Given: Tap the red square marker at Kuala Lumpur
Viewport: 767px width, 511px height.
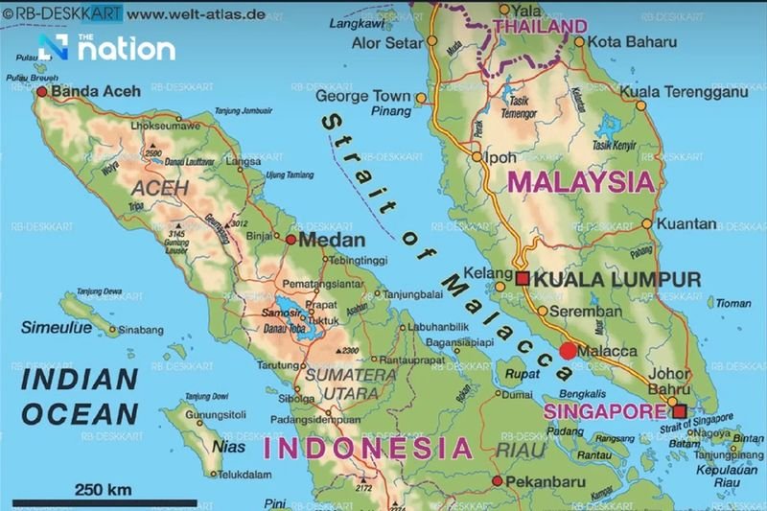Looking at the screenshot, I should coord(523,279).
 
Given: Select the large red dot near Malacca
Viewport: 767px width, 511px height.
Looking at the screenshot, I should coord(569,351).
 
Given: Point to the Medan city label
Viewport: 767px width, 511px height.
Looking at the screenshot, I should coord(332,240).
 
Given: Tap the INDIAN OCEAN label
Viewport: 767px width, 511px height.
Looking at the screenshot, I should coord(80,398).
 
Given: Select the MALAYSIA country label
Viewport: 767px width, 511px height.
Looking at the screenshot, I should coord(582,180).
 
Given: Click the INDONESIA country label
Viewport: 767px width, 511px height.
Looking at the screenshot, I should coord(368,448).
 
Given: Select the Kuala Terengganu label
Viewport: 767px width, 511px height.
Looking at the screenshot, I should coord(683,91).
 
